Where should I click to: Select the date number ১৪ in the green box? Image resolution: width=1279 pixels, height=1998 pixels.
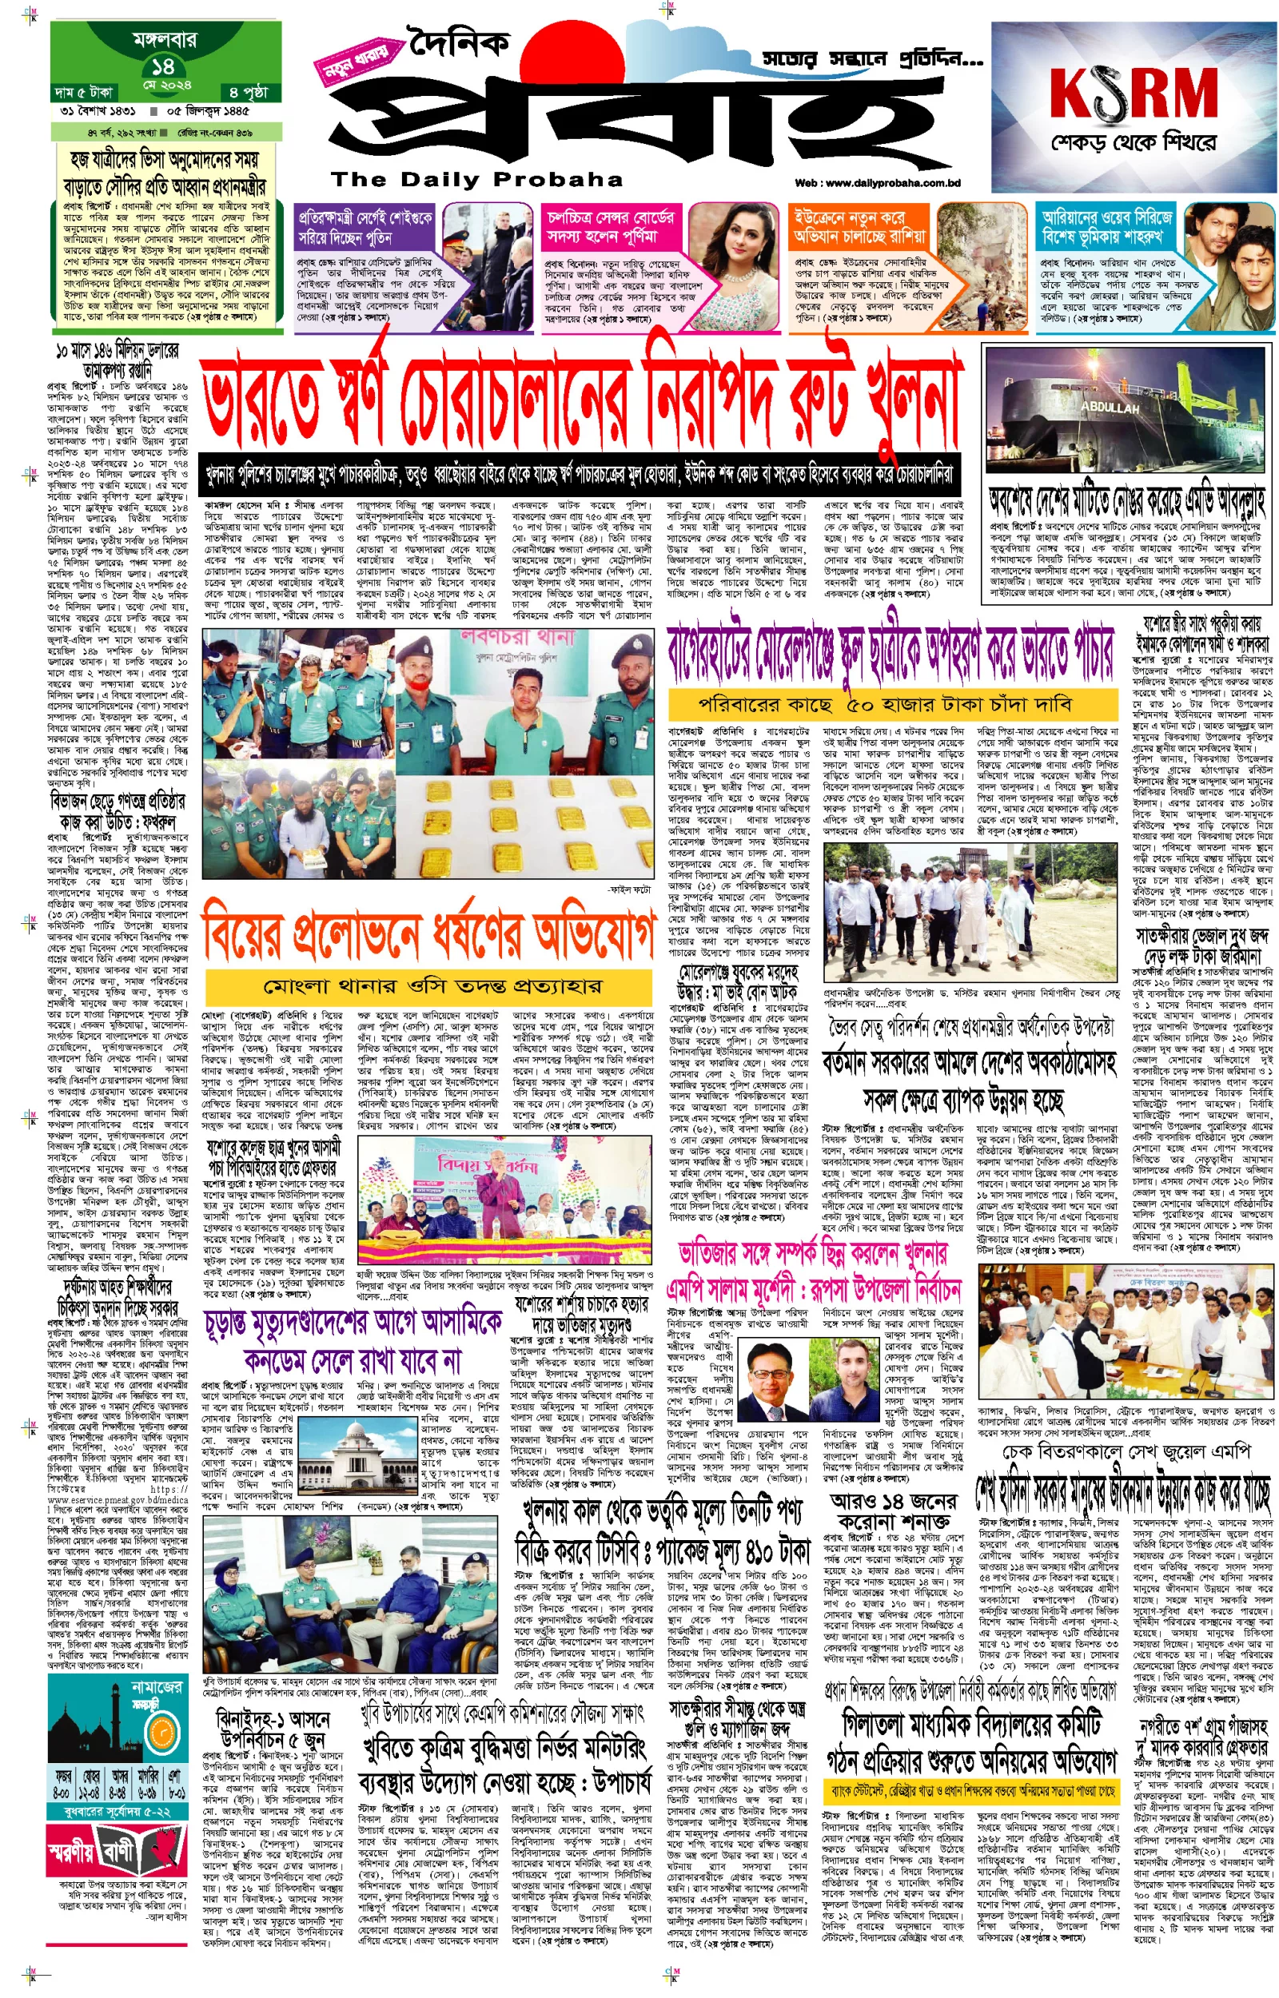pos(163,66)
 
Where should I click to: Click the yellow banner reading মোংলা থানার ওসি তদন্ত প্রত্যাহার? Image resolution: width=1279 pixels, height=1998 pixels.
pos(427,987)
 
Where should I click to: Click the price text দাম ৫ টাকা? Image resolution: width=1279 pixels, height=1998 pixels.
pos(83,91)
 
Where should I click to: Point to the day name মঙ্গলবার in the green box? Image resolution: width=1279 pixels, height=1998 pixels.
pos(164,39)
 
